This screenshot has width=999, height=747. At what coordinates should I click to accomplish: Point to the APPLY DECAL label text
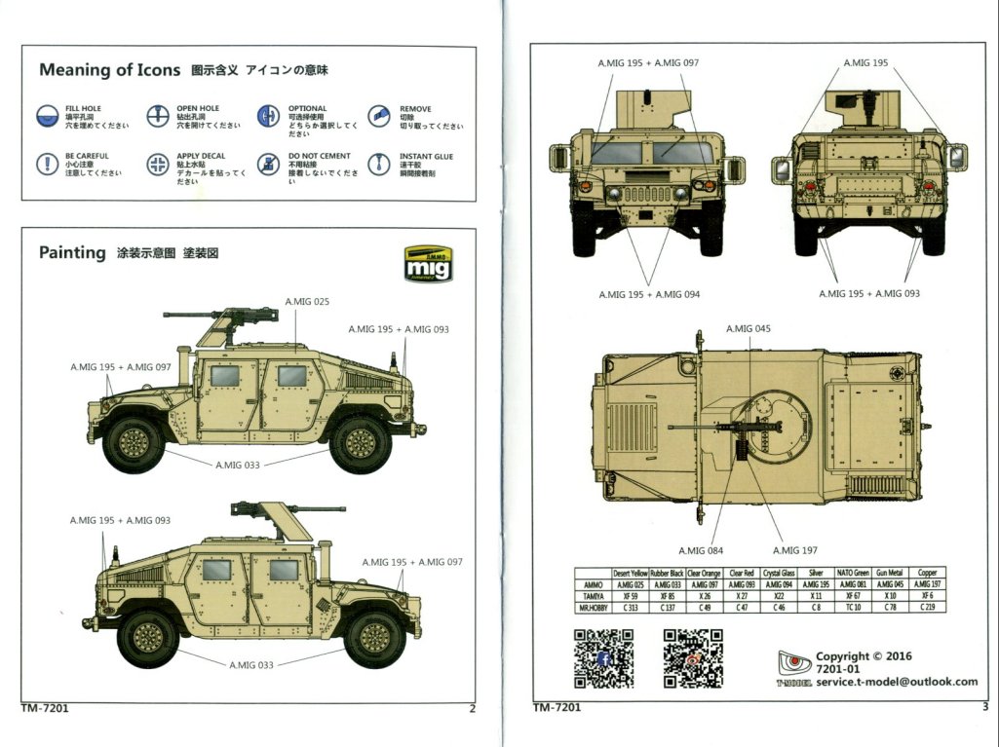200,156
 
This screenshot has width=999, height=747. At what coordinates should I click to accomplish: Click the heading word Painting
72,253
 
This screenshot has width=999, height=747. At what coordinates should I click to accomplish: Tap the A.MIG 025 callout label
307,302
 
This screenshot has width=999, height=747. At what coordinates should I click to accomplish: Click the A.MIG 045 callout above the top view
748,329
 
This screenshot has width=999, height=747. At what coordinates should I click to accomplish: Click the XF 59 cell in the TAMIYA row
630,595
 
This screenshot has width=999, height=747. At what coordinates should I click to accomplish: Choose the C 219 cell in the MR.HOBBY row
927,607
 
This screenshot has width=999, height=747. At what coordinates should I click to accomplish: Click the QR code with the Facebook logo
602,659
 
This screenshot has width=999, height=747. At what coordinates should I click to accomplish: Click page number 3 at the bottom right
985,708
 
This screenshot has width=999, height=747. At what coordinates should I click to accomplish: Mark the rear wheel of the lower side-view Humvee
147,639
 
